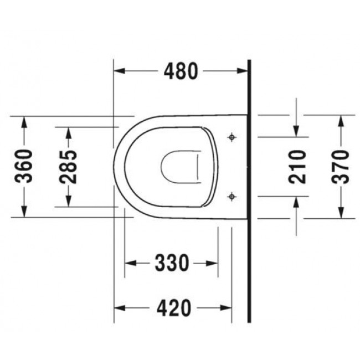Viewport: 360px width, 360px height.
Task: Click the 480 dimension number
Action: (x=180, y=71)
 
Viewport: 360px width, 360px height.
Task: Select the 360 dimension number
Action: (x=24, y=166)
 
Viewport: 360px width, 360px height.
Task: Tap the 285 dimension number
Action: (x=69, y=166)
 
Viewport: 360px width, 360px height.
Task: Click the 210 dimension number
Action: (x=297, y=166)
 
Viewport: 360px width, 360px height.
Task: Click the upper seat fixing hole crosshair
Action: (x=232, y=136)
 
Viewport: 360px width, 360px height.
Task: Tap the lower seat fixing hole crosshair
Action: (x=232, y=196)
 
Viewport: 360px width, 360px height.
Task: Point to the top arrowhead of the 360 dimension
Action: (x=24, y=121)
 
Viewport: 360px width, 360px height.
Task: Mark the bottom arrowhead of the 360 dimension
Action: (x=24, y=213)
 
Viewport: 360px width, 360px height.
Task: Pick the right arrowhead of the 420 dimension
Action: (x=227, y=307)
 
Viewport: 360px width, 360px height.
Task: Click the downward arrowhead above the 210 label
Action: (x=297, y=131)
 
